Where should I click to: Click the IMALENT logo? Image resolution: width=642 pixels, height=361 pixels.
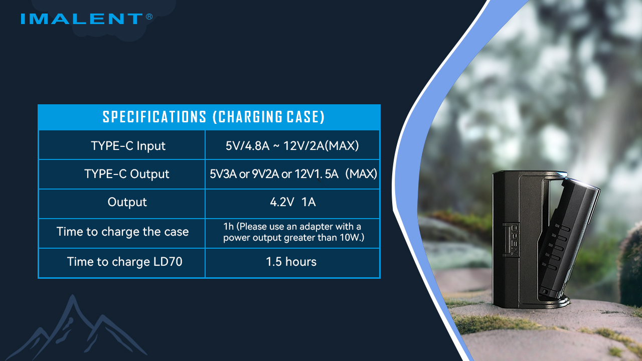[x=82, y=19]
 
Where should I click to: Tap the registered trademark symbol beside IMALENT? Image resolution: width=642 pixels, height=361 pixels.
[x=149, y=17]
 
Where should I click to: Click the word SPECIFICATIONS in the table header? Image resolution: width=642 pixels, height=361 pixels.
[x=154, y=117]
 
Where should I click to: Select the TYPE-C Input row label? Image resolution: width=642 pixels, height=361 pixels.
[x=128, y=145]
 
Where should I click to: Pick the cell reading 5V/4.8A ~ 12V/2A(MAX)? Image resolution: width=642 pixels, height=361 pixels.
[x=292, y=145]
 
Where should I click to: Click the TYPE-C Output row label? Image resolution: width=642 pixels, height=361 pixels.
[x=126, y=174]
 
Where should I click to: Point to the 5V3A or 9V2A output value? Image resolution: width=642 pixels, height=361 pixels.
[x=293, y=174]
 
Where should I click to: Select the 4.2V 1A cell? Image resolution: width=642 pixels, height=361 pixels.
[x=292, y=202]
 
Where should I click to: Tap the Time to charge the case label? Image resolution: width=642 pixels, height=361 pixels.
[x=122, y=232]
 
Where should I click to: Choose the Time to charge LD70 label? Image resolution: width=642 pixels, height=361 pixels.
[x=124, y=262]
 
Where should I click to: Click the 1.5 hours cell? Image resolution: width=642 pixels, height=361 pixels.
[x=291, y=262]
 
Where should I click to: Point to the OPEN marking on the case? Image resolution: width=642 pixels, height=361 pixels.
[x=515, y=240]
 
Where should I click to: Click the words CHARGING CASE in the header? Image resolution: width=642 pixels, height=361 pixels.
[x=268, y=117]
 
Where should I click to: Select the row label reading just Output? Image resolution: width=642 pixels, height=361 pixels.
[x=127, y=202]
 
